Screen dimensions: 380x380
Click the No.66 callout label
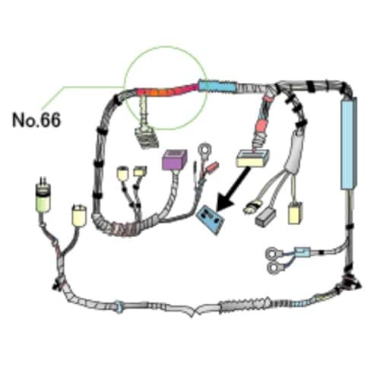coord(36,120)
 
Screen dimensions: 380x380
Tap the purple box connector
coord(174,160)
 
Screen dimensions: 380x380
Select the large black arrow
coord(233,189)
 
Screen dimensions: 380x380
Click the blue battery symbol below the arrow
coord(211,220)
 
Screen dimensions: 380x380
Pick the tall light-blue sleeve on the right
coord(349,144)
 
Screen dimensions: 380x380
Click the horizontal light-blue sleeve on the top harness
coord(217,86)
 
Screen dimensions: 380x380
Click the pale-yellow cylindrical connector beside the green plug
coord(79,215)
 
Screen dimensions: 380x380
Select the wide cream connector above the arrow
coord(252,158)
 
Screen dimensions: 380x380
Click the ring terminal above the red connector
coord(204,150)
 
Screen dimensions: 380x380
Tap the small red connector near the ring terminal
coord(212,166)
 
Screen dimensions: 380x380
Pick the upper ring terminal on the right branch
coord(273,254)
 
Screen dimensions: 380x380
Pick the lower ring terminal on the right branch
coord(274,268)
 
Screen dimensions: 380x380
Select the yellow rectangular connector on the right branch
coord(295,214)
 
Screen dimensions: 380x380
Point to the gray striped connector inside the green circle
coord(147,138)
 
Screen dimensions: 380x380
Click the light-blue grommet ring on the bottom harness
coord(119,306)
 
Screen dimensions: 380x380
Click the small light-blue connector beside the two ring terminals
coord(302,252)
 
